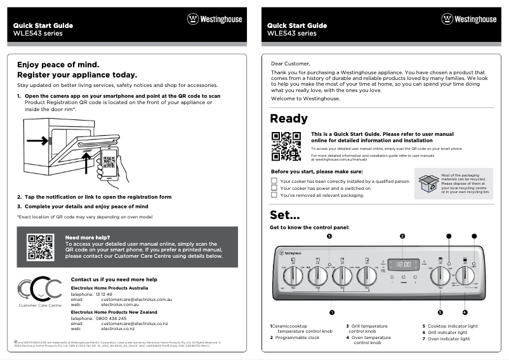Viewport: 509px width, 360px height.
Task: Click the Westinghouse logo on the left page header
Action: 215,20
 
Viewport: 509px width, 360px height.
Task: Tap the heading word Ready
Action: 289,119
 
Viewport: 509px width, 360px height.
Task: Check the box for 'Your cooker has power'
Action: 274,188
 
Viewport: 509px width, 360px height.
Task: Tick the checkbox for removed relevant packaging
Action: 274,196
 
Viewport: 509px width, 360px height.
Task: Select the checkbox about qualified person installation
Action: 274,181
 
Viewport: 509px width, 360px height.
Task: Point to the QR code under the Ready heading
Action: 286,146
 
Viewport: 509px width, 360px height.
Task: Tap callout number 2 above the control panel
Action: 402,236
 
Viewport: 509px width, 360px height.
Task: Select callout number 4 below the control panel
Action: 465,312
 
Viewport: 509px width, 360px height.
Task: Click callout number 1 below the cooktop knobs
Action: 331,312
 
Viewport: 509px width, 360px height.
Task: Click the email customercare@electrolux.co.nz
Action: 134,324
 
